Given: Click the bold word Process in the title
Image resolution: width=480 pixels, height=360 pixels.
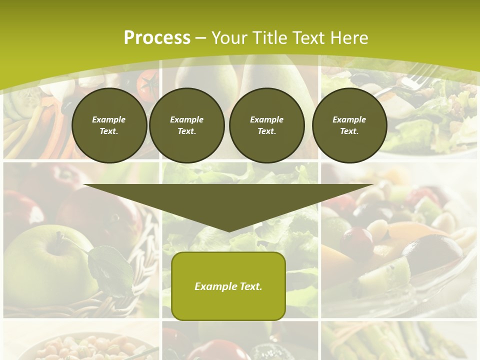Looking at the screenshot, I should (157, 38).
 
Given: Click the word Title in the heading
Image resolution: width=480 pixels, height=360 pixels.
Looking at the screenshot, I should (270, 38).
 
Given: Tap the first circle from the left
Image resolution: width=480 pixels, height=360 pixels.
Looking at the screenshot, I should (109, 125).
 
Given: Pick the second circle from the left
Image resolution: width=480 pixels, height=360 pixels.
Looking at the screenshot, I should (186, 125).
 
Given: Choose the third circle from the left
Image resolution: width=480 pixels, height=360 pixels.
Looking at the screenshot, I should (266, 125).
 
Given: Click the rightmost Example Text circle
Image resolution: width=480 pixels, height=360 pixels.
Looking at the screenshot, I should (349, 125).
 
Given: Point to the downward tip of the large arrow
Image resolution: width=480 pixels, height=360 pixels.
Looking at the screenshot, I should (229, 229).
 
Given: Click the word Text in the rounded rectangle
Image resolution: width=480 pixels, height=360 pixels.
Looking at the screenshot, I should (248, 286).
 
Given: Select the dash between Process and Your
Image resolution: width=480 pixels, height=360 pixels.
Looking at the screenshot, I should (200, 38).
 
